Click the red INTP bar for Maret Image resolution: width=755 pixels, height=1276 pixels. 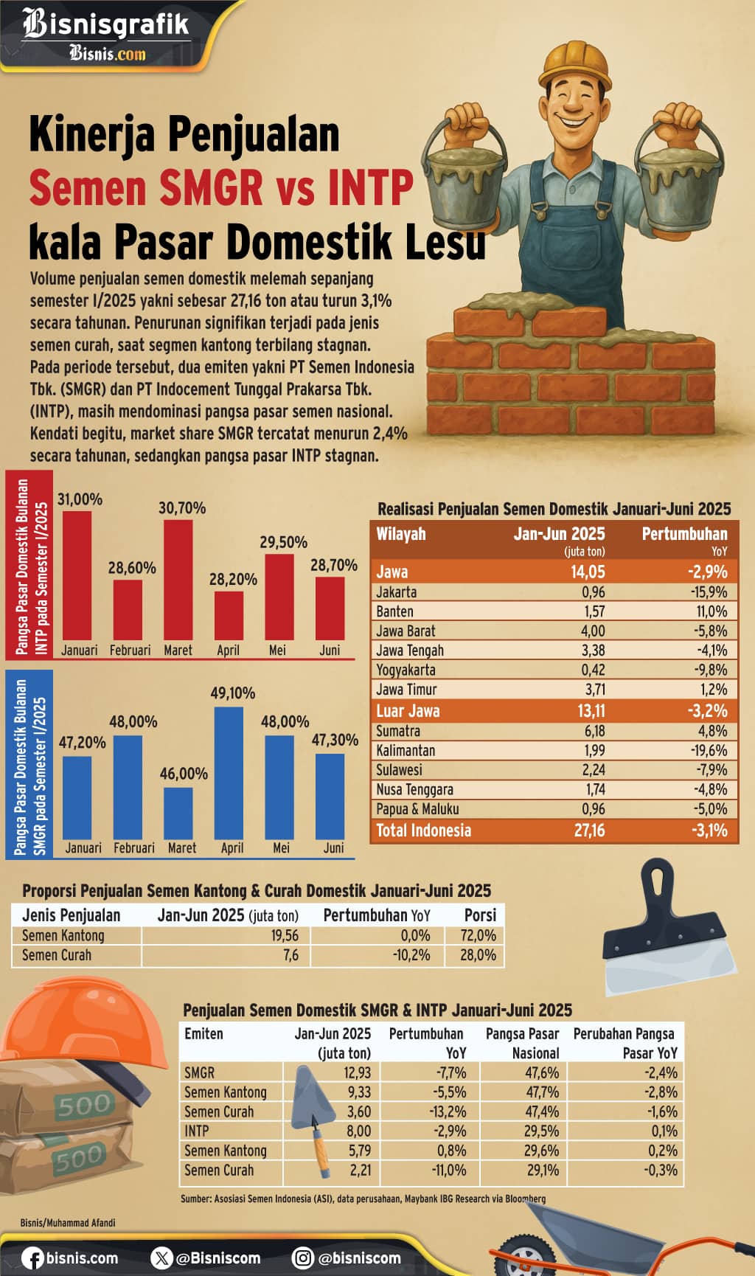(x=178, y=580)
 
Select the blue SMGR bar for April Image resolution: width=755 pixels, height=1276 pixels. (x=229, y=773)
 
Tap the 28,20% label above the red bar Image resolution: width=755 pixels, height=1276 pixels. (x=233, y=579)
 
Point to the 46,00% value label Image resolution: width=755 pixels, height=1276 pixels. (x=184, y=774)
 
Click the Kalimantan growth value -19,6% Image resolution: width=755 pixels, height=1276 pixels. (x=709, y=751)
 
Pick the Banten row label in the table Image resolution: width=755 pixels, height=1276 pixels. (x=394, y=611)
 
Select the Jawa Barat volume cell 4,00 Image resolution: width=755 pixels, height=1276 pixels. (x=593, y=631)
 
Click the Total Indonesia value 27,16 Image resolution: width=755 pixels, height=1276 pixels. (x=589, y=831)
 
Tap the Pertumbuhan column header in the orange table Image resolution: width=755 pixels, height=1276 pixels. (x=684, y=534)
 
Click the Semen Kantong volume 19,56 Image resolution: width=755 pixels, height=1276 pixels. (x=285, y=935)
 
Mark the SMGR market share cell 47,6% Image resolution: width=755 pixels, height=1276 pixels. (x=542, y=1072)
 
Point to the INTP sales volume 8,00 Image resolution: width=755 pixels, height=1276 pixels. (x=359, y=1131)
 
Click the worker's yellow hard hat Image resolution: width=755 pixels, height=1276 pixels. (x=575, y=63)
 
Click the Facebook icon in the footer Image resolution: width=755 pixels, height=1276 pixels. (x=32, y=1258)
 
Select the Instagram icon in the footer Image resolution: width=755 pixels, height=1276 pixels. (x=302, y=1258)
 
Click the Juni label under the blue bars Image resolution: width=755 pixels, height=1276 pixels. (x=333, y=848)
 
